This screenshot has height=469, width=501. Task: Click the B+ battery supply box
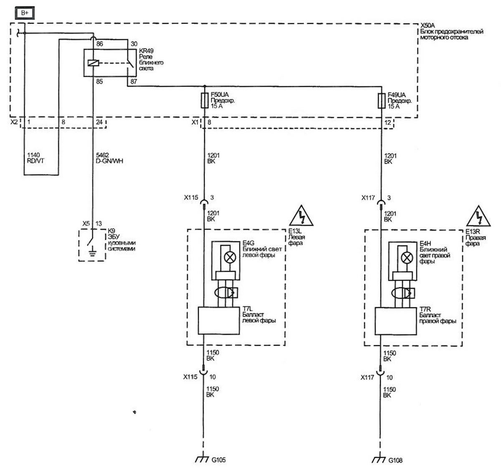(25, 13)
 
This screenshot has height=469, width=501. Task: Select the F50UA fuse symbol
(205, 100)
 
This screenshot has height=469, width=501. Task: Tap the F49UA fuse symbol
(382, 101)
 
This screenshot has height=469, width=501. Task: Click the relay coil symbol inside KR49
(93, 63)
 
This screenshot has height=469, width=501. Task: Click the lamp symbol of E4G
(230, 257)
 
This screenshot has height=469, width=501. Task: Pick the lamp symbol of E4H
(407, 258)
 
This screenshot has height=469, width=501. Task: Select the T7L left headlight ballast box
(219, 321)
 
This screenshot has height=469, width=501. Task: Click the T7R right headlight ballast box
(395, 321)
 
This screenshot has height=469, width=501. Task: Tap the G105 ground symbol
(202, 459)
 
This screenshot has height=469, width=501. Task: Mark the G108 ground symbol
(379, 460)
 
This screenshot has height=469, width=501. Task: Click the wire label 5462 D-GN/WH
(109, 158)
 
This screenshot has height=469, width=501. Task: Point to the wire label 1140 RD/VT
(35, 158)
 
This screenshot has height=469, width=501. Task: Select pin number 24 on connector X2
(99, 122)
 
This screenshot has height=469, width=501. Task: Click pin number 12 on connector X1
(388, 122)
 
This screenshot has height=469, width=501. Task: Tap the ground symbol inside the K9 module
(93, 253)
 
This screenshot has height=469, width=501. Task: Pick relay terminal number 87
(134, 82)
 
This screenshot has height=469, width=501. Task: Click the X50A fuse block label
(452, 31)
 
